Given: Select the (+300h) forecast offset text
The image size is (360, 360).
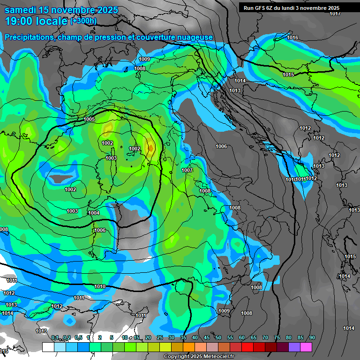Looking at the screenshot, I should pyautogui.click(x=83, y=21).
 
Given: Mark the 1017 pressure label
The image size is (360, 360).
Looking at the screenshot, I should pyautogui.click(x=335, y=14).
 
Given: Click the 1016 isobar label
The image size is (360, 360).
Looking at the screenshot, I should pyautogui.click(x=293, y=37).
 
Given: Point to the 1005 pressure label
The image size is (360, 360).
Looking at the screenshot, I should pyautogui.click(x=90, y=120).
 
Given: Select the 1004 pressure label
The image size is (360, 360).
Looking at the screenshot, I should pyautogui.click(x=94, y=213).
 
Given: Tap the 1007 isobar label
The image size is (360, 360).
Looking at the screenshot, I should pyautogui.click(x=187, y=170).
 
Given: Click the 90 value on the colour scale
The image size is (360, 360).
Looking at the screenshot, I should pyautogui.click(x=312, y=337).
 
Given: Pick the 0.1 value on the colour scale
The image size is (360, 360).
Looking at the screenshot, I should pyautogui.click(x=55, y=337).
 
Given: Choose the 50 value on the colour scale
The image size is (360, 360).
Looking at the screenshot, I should pyautogui.click(x=218, y=337).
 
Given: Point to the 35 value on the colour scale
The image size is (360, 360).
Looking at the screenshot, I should pyautogui.click(x=183, y=337).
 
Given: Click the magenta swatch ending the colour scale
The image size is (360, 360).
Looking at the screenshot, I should pyautogui.click(x=306, y=347).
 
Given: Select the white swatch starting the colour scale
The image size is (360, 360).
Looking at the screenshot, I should pyautogui.click(x=48, y=347).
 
